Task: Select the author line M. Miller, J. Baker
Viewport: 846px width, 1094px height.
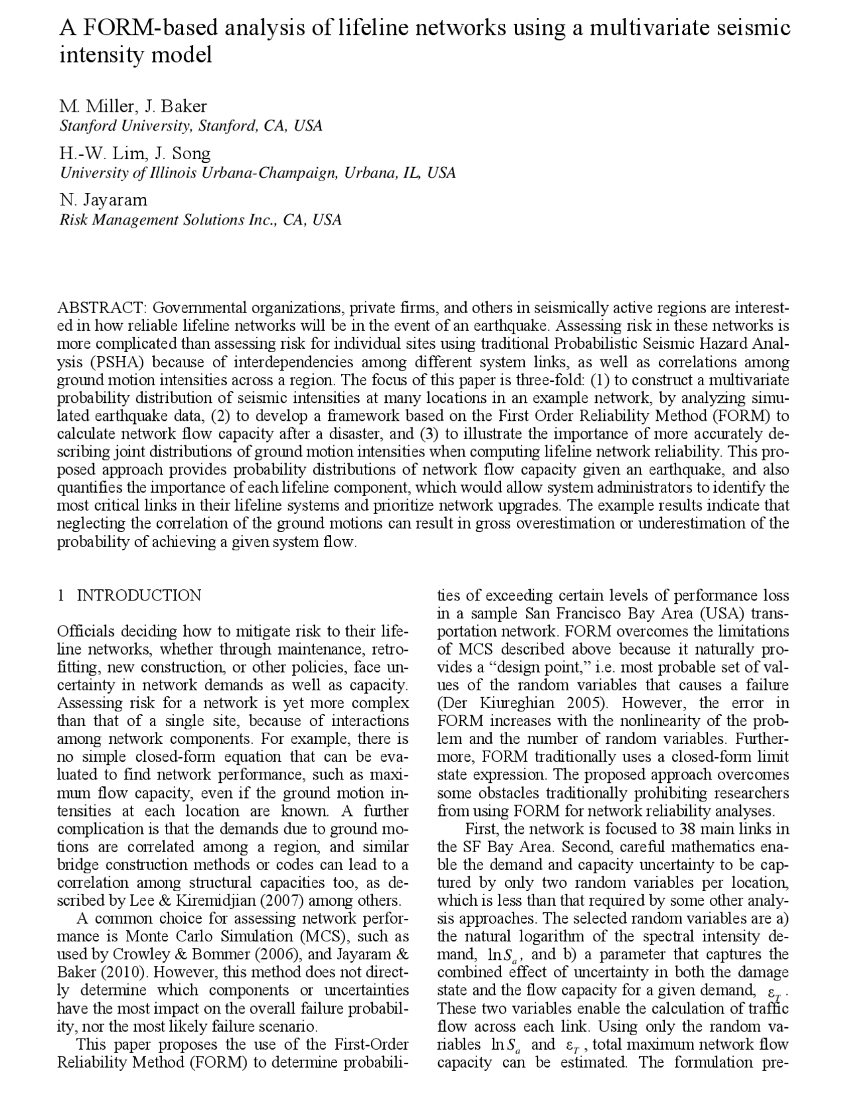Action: coord(133,106)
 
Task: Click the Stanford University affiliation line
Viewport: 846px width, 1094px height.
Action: coord(191,126)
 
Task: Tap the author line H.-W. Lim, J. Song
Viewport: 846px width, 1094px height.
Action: coord(135,153)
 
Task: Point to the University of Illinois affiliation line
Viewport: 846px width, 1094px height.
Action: coord(257,173)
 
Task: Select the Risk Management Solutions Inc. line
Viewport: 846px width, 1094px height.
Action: coord(200,220)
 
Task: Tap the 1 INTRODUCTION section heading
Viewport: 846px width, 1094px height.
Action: coord(130,595)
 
